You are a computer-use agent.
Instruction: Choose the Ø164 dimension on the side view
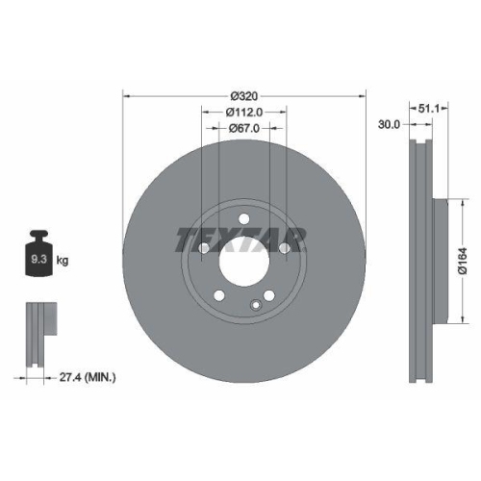coord(462,260)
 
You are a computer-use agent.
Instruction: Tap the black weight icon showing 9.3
coord(39,254)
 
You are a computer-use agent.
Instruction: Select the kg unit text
coord(63,261)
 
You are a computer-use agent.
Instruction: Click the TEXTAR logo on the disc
coord(240,238)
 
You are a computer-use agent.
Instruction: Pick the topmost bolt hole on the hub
coord(245,218)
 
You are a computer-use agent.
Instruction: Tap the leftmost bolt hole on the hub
coord(203,250)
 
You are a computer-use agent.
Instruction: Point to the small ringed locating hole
coord(256,307)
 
